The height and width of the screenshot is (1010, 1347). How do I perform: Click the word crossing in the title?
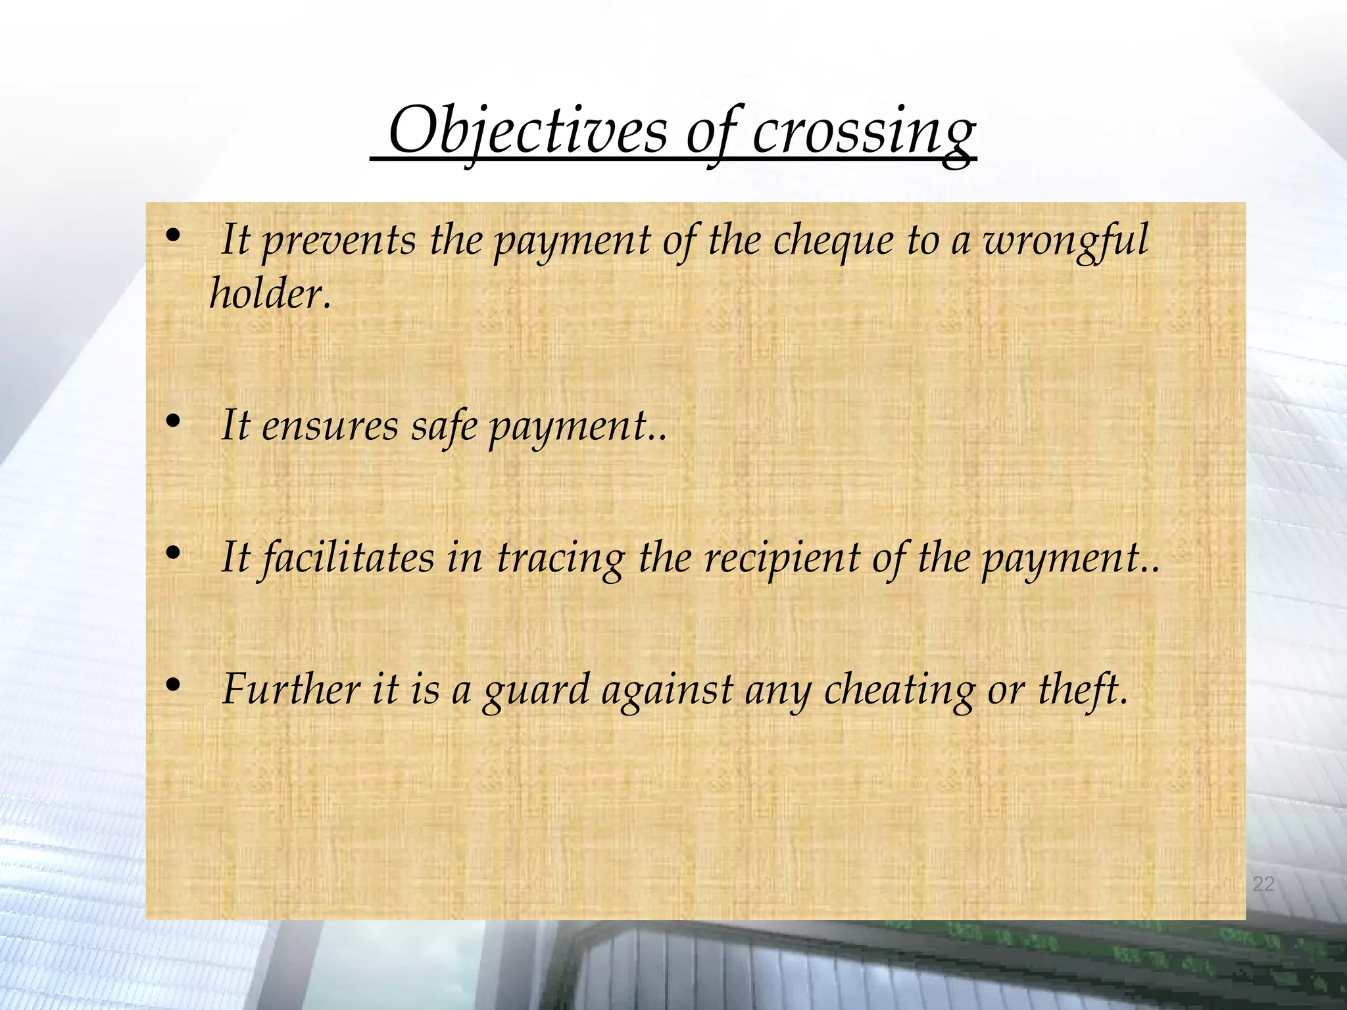[863, 132]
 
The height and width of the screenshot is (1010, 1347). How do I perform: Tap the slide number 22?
[1263, 884]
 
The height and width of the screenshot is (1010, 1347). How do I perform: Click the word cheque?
[833, 241]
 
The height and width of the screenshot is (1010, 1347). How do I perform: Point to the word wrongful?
[1065, 241]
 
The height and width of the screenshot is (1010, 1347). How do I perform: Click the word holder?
[270, 293]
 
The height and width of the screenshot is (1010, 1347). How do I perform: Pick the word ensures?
[330, 426]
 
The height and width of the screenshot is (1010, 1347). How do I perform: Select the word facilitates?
[346, 558]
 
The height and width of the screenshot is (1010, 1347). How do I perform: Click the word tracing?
[560, 559]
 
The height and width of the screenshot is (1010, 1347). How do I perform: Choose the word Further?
[291, 690]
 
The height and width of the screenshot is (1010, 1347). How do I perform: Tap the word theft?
[1082, 690]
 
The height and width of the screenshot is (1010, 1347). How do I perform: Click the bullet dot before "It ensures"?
[173, 422]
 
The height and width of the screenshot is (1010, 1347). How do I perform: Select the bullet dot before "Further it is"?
[173, 686]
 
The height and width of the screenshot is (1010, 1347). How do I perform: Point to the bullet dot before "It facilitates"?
[173, 554]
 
